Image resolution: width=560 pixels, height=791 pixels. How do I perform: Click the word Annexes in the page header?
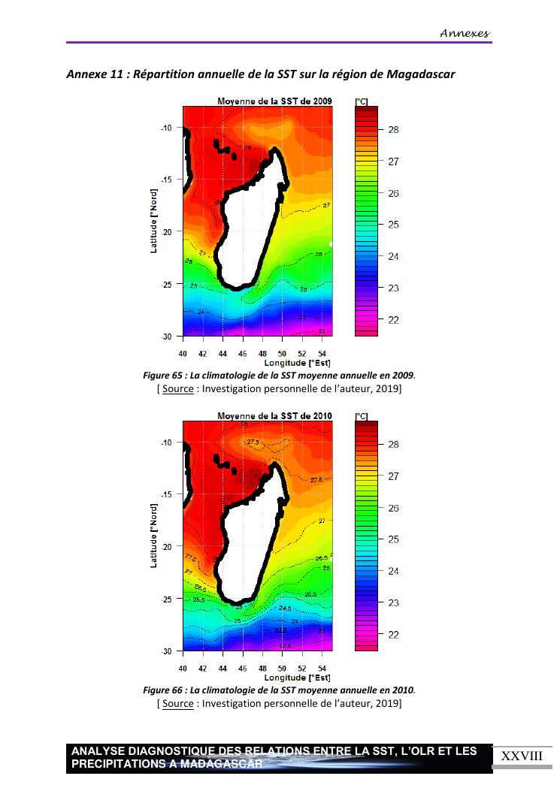point(465,33)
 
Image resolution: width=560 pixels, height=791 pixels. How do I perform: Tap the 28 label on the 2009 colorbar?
point(393,130)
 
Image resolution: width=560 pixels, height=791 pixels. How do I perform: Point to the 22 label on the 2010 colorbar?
point(393,635)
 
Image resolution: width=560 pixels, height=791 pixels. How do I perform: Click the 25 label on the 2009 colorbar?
point(393,225)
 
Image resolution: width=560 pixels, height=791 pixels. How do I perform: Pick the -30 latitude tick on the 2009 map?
point(167,336)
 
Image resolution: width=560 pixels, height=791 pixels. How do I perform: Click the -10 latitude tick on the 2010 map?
point(167,442)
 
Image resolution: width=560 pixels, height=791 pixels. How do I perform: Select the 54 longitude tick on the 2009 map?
point(322,353)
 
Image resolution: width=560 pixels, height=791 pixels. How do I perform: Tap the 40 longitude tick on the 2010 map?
point(183,668)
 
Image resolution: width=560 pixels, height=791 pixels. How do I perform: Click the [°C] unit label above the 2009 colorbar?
point(361,101)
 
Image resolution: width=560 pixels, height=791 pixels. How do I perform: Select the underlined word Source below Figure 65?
point(177,389)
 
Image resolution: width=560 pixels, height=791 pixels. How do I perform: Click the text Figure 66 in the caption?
point(163,690)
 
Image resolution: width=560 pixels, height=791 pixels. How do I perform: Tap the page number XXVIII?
point(521,756)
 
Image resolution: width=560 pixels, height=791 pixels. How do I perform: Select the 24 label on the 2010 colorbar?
point(393,571)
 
